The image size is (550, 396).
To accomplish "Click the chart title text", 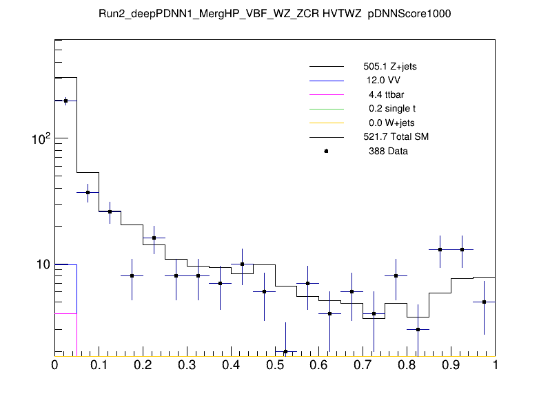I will point(274,14).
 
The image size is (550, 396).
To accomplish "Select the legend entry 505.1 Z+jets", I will point(389,67).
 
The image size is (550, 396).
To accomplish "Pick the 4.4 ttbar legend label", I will point(384,95).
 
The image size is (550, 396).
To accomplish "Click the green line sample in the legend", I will point(326,109).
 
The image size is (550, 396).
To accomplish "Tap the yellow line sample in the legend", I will point(326,123).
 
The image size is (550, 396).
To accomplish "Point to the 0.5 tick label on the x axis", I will point(275,366).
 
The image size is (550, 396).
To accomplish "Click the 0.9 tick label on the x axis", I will point(451,366).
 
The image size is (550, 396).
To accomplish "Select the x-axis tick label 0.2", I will point(143,366).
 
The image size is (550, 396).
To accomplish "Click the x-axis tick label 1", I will point(495,366).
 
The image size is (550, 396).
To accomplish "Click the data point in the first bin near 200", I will point(65,101).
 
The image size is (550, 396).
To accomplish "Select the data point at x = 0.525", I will point(285,351).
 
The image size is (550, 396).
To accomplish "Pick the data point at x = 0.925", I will point(462,249).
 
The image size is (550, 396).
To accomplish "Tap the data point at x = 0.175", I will point(132,275).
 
